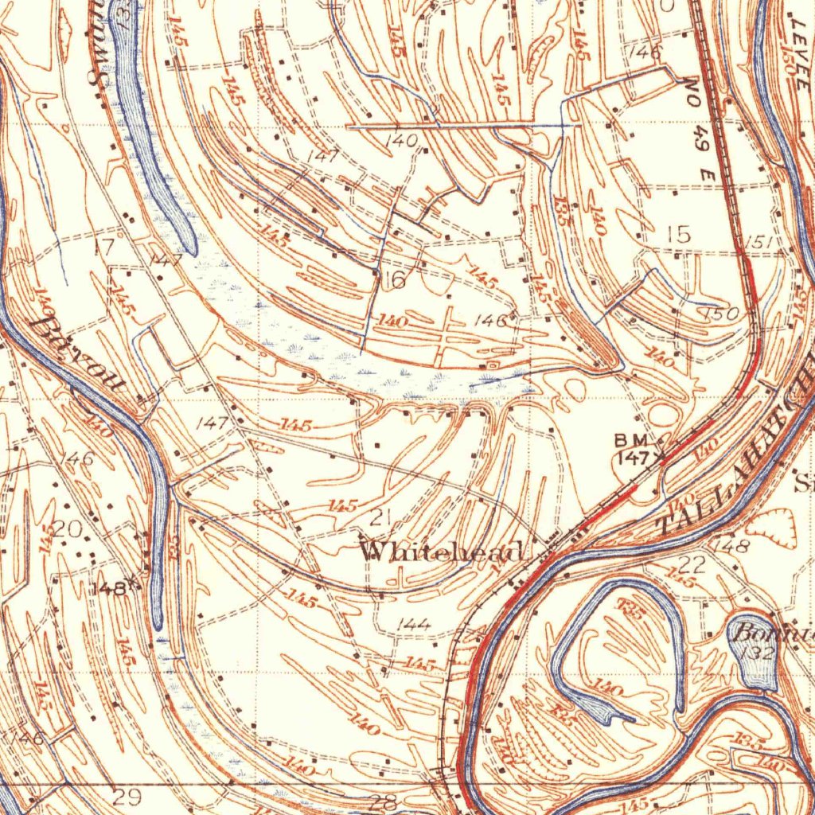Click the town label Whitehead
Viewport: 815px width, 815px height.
443,551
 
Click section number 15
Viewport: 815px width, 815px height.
679,234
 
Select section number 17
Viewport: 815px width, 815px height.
104,247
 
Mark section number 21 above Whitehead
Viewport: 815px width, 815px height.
380,518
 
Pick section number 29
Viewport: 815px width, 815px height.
126,796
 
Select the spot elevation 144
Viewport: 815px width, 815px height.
413,625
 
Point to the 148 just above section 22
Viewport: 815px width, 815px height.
731,546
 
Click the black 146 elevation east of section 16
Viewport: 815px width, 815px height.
490,321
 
